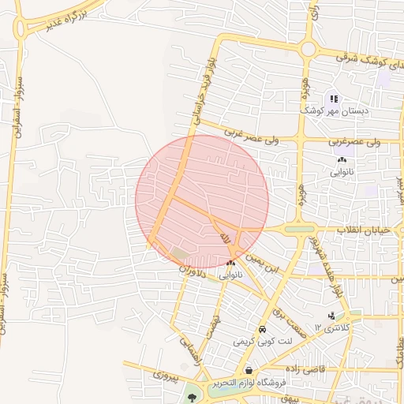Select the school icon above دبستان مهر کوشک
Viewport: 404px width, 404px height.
[335, 99]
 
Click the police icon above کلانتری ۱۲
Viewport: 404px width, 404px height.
[331, 316]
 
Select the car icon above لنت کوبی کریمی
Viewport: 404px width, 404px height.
[261, 330]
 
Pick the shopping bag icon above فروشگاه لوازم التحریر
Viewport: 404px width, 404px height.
[249, 370]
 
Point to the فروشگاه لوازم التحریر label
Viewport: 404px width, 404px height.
[245, 383]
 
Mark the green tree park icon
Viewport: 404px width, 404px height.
[192, 398]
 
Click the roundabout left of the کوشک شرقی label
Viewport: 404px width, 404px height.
[308, 49]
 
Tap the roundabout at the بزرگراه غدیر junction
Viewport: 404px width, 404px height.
[26, 28]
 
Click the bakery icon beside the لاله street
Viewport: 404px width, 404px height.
[230, 264]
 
